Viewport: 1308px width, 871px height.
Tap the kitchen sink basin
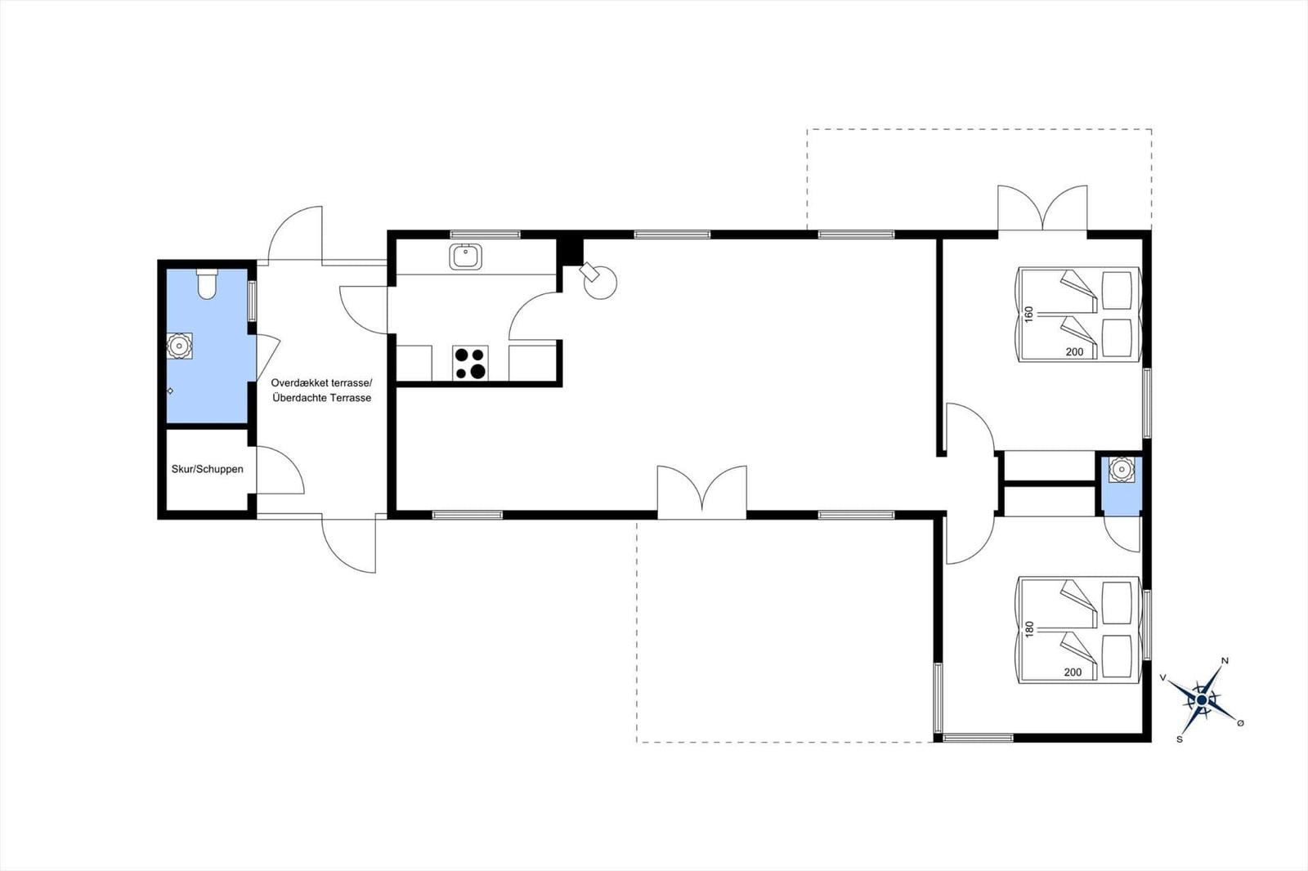(x=465, y=257)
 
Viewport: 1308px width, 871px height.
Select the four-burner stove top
(x=470, y=363)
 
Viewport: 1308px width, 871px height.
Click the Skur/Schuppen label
(x=208, y=469)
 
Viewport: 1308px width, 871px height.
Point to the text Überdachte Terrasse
(x=322, y=398)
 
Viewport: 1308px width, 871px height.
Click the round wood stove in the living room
(x=599, y=282)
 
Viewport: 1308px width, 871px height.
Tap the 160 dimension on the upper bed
(x=1029, y=314)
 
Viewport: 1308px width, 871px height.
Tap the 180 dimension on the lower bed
(x=1029, y=628)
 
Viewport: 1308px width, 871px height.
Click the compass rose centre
(x=1201, y=699)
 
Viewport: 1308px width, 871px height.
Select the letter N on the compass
(x=1225, y=661)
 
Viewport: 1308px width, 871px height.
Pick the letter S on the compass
(x=1180, y=739)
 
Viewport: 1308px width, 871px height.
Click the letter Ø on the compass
(x=1241, y=723)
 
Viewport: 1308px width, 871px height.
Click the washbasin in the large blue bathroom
(x=179, y=346)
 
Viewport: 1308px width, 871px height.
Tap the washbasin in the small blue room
(x=1121, y=469)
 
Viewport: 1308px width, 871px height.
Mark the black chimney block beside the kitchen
(x=570, y=252)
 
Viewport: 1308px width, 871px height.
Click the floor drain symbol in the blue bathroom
(x=170, y=391)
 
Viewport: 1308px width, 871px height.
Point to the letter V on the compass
(x=1163, y=678)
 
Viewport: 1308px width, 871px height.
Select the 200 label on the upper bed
(x=1074, y=351)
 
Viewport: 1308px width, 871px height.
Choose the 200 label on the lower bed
(x=1073, y=672)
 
